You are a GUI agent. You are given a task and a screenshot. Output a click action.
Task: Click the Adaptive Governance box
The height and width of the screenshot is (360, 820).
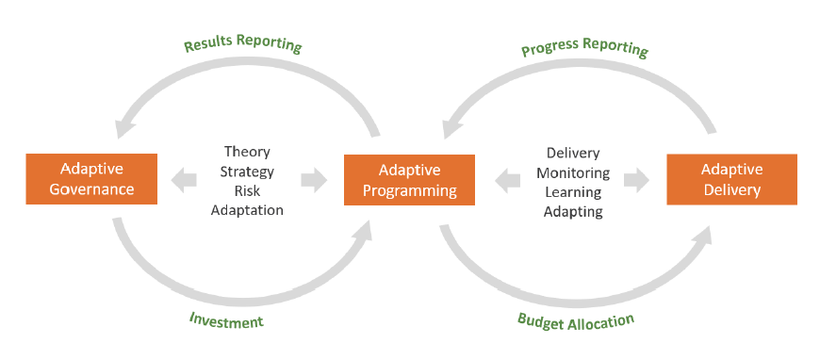pos(90,179)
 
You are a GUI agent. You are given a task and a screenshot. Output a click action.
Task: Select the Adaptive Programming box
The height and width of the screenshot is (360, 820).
pos(409,180)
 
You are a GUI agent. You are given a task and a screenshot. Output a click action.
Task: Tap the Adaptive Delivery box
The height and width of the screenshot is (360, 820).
pos(731,179)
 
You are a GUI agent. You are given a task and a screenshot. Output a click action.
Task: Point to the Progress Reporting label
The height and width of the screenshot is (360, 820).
pos(584,46)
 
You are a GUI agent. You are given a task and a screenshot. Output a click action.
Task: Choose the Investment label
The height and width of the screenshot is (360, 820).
pos(225,321)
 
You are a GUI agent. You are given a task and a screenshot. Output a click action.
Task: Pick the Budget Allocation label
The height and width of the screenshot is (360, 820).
pos(576,320)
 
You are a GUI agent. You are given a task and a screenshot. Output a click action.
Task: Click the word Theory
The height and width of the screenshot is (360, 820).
pos(247,152)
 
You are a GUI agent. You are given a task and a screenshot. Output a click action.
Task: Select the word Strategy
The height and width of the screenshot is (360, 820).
pos(247,172)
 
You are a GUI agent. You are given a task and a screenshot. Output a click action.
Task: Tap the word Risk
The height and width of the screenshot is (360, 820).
pos(247,190)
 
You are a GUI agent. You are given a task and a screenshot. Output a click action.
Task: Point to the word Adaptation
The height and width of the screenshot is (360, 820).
pos(247,210)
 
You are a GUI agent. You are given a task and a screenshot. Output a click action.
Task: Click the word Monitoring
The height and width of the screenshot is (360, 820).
pos(573,172)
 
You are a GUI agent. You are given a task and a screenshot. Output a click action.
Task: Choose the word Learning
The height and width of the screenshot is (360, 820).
pos(573,191)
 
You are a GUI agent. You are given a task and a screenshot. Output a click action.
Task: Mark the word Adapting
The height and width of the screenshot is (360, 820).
pos(573,211)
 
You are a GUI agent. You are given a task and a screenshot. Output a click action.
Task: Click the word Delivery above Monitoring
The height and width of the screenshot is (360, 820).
pos(573,153)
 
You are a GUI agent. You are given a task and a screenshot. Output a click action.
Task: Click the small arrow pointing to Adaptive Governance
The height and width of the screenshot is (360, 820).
pos(184,179)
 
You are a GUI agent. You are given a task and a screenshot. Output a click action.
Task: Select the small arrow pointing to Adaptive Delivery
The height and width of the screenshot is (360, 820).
pos(636,179)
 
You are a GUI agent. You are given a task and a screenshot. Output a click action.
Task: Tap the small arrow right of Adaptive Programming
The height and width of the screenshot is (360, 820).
pos(508,179)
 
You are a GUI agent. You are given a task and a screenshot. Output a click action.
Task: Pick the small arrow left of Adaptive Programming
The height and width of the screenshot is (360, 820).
pos(314,179)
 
